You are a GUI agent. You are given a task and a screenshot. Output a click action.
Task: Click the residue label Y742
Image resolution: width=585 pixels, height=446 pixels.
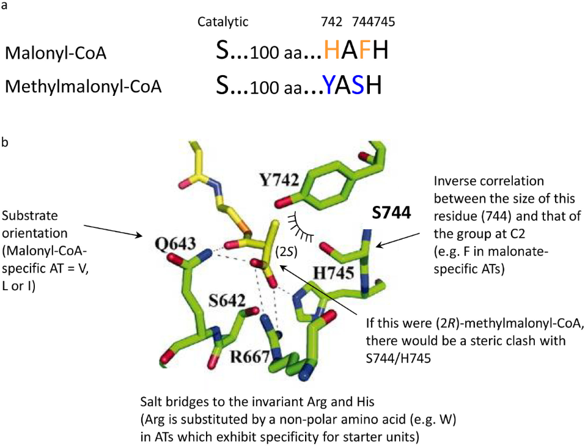[x=279, y=180]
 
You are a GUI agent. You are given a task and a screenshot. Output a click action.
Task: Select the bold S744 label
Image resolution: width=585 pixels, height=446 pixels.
[x=391, y=213]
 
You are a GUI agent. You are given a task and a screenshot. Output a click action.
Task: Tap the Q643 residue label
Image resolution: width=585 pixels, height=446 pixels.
[x=175, y=244]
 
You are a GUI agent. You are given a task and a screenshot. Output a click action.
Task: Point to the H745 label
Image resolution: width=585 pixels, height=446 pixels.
[x=334, y=273]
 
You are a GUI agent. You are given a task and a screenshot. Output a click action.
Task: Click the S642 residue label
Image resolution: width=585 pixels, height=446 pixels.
[x=227, y=301]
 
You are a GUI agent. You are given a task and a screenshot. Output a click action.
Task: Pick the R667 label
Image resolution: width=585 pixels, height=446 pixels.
[x=249, y=357]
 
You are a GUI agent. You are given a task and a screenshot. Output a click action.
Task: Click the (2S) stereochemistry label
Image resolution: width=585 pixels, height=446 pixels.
[x=287, y=252]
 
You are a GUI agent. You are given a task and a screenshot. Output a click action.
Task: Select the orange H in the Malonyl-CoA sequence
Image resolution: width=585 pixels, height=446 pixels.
[x=332, y=50]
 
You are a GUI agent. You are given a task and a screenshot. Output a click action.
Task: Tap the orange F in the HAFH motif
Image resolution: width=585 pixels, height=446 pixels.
[x=364, y=50]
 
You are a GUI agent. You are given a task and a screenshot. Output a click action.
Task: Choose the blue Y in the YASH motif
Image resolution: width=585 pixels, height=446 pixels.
[x=329, y=85]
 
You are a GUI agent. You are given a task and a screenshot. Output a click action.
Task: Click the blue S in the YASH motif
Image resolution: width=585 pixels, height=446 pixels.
[x=358, y=85]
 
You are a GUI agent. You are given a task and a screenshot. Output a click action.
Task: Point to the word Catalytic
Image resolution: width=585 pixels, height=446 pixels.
[x=223, y=21]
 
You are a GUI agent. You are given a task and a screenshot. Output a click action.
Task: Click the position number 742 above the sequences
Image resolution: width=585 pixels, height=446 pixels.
[x=332, y=21]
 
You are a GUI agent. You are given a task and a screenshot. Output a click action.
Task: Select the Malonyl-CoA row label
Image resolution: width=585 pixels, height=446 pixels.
[x=56, y=53]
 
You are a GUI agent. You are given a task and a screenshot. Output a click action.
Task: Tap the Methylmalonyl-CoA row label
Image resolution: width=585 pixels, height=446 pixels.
[x=83, y=87]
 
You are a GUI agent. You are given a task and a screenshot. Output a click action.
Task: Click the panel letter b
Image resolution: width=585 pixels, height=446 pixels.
[x=5, y=142]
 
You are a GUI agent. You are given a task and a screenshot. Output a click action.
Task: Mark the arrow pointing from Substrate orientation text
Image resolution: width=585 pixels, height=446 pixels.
[x=113, y=230]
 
